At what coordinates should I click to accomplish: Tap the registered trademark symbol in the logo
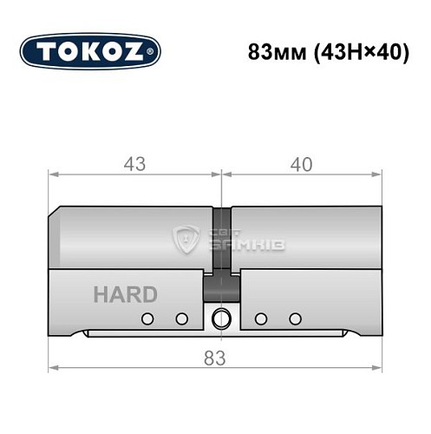(x=153, y=54)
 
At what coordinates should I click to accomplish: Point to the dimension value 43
(x=134, y=163)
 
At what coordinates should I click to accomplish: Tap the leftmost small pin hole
(x=147, y=318)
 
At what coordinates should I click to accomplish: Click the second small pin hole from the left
(x=181, y=318)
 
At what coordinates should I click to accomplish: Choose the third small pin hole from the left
(x=260, y=318)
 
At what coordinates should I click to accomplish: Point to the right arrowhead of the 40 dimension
(x=376, y=176)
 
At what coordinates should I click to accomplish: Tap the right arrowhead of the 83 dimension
(x=376, y=368)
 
